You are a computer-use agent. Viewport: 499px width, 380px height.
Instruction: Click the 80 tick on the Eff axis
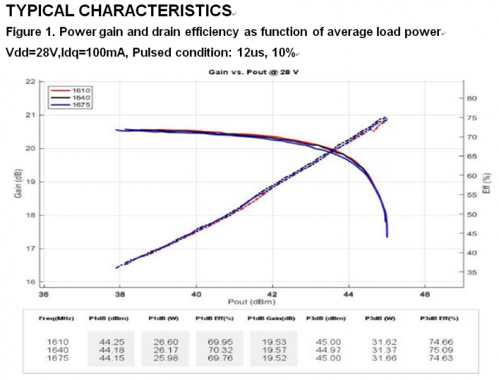click(x=473, y=98)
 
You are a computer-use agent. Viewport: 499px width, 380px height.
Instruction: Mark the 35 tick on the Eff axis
click(x=473, y=272)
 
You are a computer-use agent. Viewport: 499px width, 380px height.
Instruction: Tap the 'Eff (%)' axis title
click(x=487, y=183)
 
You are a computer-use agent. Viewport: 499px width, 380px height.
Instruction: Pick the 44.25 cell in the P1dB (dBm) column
click(x=108, y=341)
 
